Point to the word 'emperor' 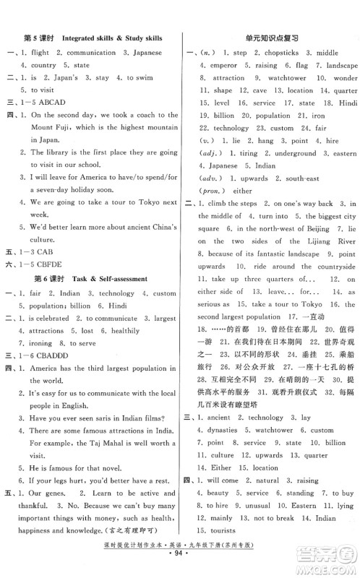[x=219, y=66]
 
